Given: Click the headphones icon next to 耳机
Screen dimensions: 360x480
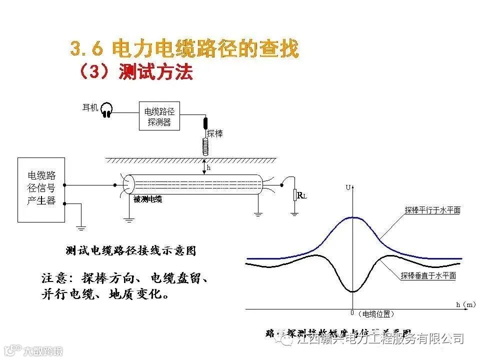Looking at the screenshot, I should [x=106, y=110].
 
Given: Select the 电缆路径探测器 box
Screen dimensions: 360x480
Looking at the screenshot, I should [x=159, y=116].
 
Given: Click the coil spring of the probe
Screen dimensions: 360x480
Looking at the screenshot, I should [x=205, y=145].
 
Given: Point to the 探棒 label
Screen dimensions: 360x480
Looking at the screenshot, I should [x=215, y=133].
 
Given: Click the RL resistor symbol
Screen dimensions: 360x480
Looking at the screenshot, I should [x=295, y=194].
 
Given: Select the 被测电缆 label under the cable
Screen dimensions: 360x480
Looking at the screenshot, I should [x=148, y=199].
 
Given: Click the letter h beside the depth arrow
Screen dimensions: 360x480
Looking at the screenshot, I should [x=208, y=169].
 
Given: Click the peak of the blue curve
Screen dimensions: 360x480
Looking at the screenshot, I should [x=353, y=217].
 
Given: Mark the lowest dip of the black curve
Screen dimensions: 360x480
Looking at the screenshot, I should [x=353, y=291].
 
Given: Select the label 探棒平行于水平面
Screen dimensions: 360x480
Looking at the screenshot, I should [x=432, y=210].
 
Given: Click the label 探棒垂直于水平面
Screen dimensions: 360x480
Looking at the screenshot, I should [x=428, y=275].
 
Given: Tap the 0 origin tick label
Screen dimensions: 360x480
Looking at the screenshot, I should [x=352, y=313].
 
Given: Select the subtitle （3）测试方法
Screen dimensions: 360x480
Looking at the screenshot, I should [x=135, y=72].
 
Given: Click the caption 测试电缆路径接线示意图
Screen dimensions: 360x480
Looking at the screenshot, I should [x=131, y=251].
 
